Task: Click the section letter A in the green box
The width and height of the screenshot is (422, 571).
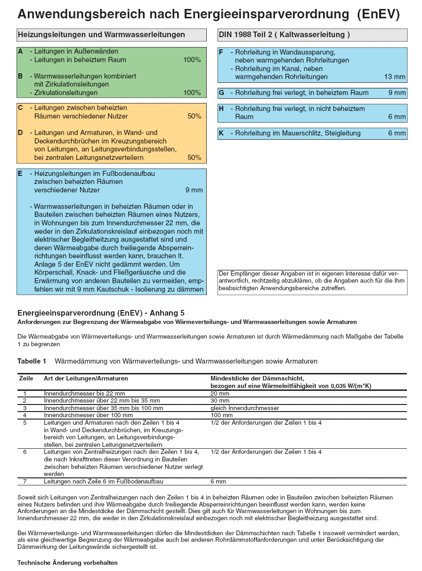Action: pos(20,51)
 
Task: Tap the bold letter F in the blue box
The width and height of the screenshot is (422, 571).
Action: pos(221,52)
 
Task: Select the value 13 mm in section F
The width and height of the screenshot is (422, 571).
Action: pos(395,77)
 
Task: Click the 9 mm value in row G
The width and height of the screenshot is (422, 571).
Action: pos(397,93)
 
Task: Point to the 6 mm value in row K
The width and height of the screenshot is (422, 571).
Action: pos(397,134)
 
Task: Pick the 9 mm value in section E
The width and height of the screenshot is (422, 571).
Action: pos(194,190)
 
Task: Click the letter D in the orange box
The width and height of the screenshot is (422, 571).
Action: pos(20,133)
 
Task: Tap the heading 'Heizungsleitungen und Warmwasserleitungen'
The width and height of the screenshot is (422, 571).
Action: pos(101,35)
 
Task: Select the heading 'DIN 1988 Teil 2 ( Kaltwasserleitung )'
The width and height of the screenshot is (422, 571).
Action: pos(284,35)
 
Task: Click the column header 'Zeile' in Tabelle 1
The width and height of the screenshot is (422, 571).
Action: pos(26,378)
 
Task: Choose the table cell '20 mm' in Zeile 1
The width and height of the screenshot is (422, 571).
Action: pos(220,393)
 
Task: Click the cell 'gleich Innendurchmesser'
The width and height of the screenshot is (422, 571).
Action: pos(245,408)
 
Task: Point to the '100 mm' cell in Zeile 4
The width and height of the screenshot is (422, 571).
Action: pos(221,415)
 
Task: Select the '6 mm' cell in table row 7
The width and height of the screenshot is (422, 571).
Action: pos(219,482)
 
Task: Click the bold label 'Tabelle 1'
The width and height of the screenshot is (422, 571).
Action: pos(32,361)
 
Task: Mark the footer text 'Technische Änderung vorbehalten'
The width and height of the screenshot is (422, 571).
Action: pos(67,563)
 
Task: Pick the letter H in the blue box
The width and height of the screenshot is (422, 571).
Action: pos(221,109)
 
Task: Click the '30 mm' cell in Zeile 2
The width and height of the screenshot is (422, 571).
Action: pos(220,401)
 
